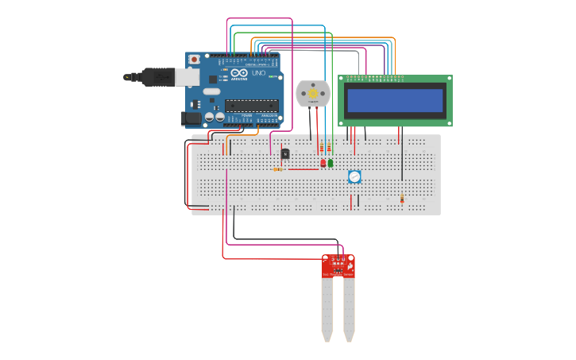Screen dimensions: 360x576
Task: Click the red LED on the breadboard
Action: click(323, 163)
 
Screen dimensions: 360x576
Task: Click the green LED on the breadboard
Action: click(331, 163)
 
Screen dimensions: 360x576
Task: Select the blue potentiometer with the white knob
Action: click(354, 176)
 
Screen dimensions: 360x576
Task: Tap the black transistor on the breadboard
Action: click(285, 154)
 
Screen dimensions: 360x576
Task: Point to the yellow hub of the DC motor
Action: click(312, 94)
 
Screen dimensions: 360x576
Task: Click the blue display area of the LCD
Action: click(395, 100)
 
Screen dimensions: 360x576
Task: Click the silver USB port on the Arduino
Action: click(187, 76)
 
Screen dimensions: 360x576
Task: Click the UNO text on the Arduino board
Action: click(259, 73)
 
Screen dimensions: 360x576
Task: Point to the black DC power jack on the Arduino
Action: click(191, 118)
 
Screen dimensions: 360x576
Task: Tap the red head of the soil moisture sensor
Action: click(338, 266)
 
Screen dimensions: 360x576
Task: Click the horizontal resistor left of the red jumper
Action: click(277, 169)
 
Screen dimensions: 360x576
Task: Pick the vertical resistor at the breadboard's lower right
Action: click(402, 198)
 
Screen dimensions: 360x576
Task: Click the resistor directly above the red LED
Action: click(322, 148)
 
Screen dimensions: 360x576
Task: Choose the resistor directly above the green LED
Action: click(329, 148)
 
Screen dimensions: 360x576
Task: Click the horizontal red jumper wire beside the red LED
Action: click(303, 169)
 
